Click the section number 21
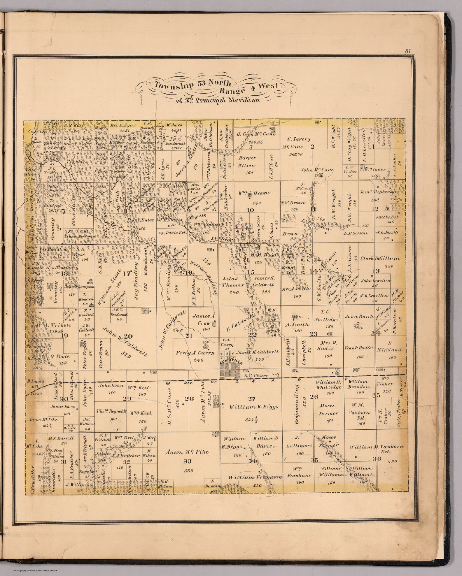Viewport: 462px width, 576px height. [x=189, y=335]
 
